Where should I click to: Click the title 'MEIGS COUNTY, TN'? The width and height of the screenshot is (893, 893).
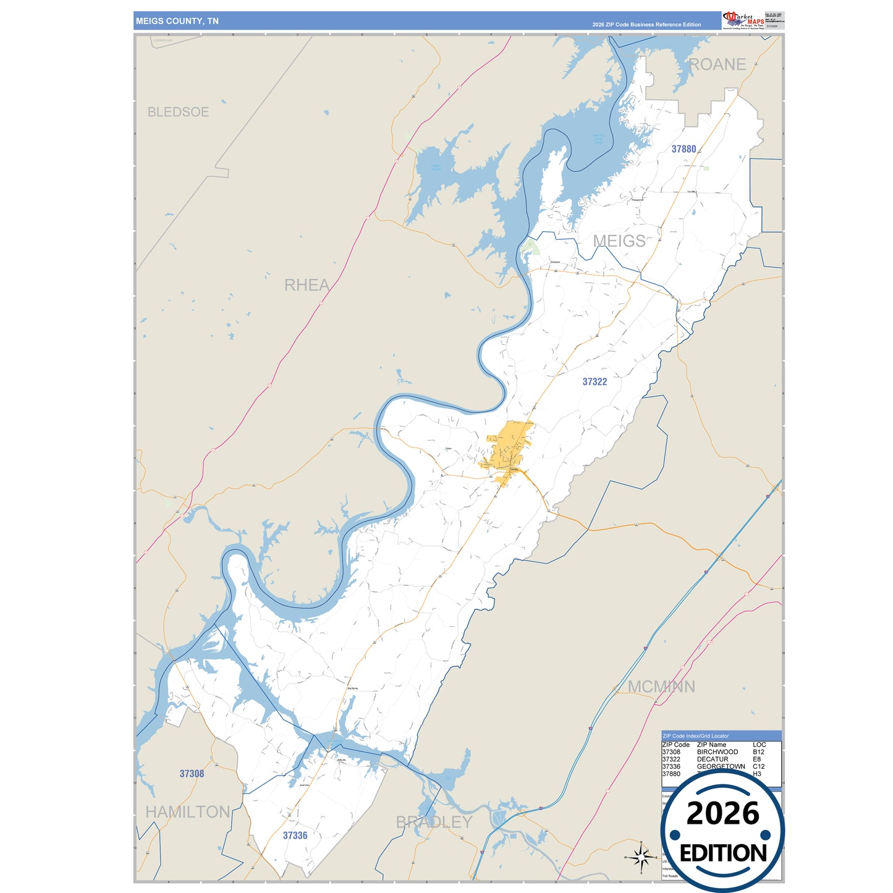coord(177,21)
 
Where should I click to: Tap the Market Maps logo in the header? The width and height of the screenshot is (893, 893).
coord(743,20)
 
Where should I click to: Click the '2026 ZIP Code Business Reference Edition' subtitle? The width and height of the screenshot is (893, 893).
coord(646,25)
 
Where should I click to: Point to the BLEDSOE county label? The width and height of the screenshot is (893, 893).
coord(178,112)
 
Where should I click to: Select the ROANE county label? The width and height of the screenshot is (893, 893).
coord(717,64)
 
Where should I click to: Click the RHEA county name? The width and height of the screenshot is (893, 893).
coord(307,285)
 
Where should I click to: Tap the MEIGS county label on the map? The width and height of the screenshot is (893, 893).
coord(619,241)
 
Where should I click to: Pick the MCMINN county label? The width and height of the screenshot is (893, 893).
coord(661,687)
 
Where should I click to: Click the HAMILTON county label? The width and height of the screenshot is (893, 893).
coord(187,811)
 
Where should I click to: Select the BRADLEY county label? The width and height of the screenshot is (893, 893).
coord(434,822)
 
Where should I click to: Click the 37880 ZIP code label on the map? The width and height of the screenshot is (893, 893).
coord(684,149)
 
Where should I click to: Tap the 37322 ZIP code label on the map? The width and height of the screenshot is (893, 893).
coord(595,382)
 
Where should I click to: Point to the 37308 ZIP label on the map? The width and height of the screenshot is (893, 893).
coord(192,774)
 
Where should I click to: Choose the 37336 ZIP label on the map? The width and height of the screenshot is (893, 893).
coord(295,836)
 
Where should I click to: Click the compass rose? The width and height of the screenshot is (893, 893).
coord(641,857)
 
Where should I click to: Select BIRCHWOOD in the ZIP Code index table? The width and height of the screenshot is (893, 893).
coord(717,752)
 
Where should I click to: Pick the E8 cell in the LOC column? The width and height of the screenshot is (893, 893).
coord(756,760)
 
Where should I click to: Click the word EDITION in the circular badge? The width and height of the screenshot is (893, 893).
coord(722,853)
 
